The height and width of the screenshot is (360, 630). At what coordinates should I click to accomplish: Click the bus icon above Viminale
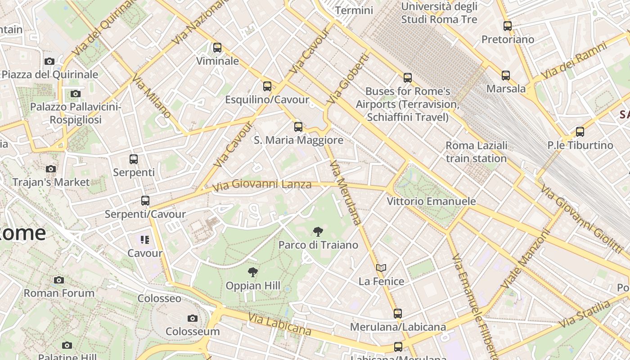pos(217,47)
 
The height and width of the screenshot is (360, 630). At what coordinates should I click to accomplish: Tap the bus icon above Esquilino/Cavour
pos(267,86)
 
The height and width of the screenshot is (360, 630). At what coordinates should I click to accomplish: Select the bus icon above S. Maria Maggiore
pos(298,126)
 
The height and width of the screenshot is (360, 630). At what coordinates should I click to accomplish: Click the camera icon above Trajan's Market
pos(51,169)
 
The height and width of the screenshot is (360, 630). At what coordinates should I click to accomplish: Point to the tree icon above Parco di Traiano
pos(318,232)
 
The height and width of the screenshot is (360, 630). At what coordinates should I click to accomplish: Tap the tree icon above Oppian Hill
pos(253,272)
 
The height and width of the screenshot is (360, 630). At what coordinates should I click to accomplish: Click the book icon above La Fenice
pos(381,268)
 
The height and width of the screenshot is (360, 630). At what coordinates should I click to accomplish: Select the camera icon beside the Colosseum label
pos(193,318)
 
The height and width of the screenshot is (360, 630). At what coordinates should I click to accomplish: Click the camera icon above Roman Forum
pos(58,280)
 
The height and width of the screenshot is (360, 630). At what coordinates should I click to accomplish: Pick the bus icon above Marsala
pos(506,75)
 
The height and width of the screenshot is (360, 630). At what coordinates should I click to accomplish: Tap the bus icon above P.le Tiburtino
pos(580,132)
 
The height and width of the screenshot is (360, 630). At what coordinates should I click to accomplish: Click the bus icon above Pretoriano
pos(508,26)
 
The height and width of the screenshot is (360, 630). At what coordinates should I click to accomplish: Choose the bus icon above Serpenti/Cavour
pos(145,201)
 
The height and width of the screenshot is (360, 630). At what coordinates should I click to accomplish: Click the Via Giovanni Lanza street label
pos(262,185)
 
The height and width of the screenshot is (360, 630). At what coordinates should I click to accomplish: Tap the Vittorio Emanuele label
pos(431,201)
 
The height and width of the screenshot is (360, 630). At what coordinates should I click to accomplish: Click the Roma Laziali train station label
pos(476,152)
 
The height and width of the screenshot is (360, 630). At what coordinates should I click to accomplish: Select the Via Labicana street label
pos(279,324)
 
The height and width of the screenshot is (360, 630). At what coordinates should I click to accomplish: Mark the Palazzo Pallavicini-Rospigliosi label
pos(76,113)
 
